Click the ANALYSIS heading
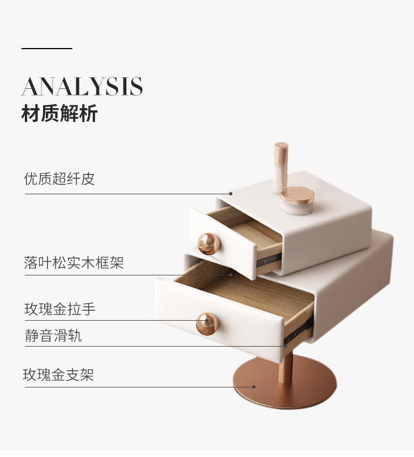pyautogui.click(x=82, y=87)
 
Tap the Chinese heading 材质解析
pyautogui.click(x=60, y=114)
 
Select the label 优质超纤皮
pyautogui.click(x=60, y=179)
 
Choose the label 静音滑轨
pyautogui.click(x=53, y=336)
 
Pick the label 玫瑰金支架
pyautogui.click(x=59, y=375)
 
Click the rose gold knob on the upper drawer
pyautogui.click(x=209, y=243)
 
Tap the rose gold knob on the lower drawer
pyautogui.click(x=207, y=323)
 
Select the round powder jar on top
pyautogui.click(x=297, y=200)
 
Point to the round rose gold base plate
pyautogui.click(x=284, y=386)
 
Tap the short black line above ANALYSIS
pyautogui.click(x=47, y=49)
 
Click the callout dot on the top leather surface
pyautogui.click(x=231, y=194)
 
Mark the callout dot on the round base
pyautogui.click(x=254, y=387)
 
